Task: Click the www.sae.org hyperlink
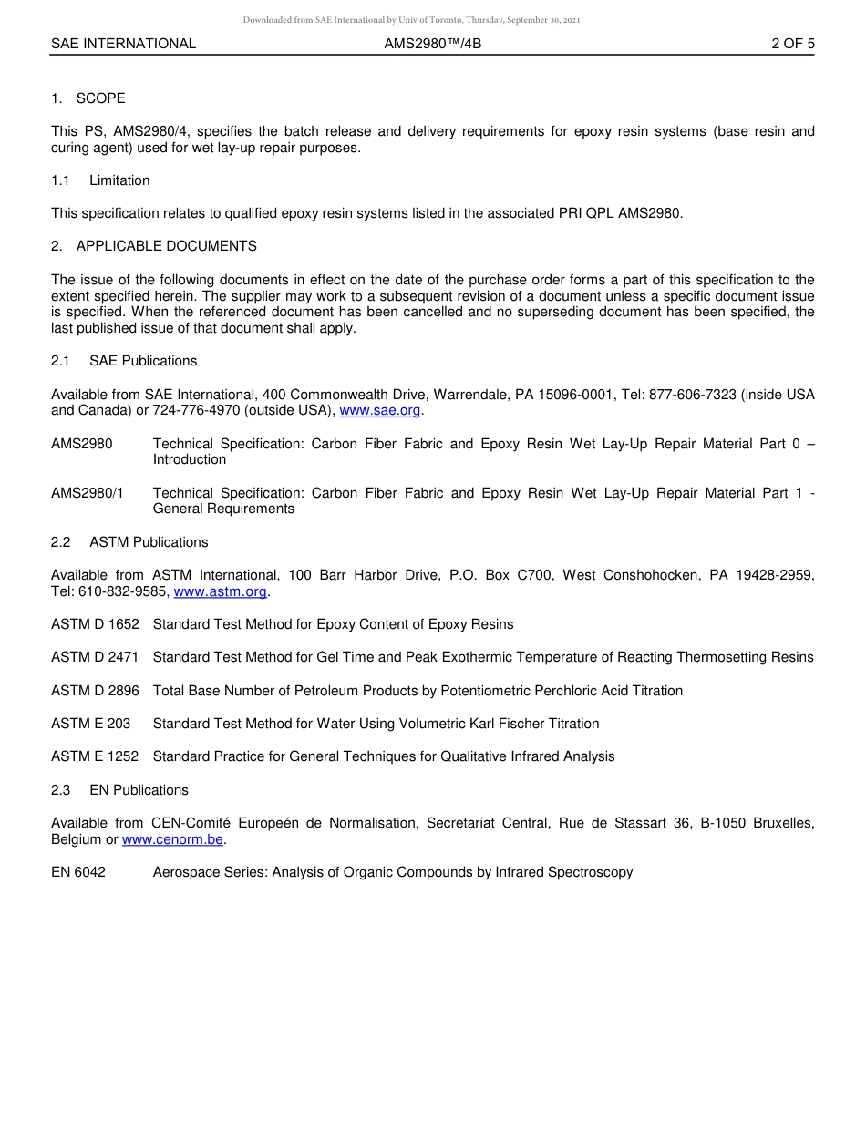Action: [x=379, y=411]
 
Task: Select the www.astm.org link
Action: [x=220, y=591]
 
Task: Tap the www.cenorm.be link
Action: [x=172, y=839]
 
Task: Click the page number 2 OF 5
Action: [x=792, y=43]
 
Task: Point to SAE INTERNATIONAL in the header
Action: [x=123, y=43]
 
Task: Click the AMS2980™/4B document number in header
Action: [x=433, y=43]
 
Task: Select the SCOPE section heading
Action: [x=100, y=98]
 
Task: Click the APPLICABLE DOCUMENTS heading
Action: [x=166, y=246]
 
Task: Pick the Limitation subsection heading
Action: [x=119, y=180]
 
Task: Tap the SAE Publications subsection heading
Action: [x=143, y=361]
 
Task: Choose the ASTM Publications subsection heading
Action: [x=149, y=542]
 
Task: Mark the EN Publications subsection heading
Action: [x=139, y=790]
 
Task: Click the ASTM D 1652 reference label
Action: [x=95, y=624]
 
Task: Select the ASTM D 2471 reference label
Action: [x=95, y=657]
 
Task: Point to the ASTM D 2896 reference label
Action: [x=95, y=691]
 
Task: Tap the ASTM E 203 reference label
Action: [x=90, y=724]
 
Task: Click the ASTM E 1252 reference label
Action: [x=95, y=756]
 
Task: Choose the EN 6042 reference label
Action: [x=78, y=872]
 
